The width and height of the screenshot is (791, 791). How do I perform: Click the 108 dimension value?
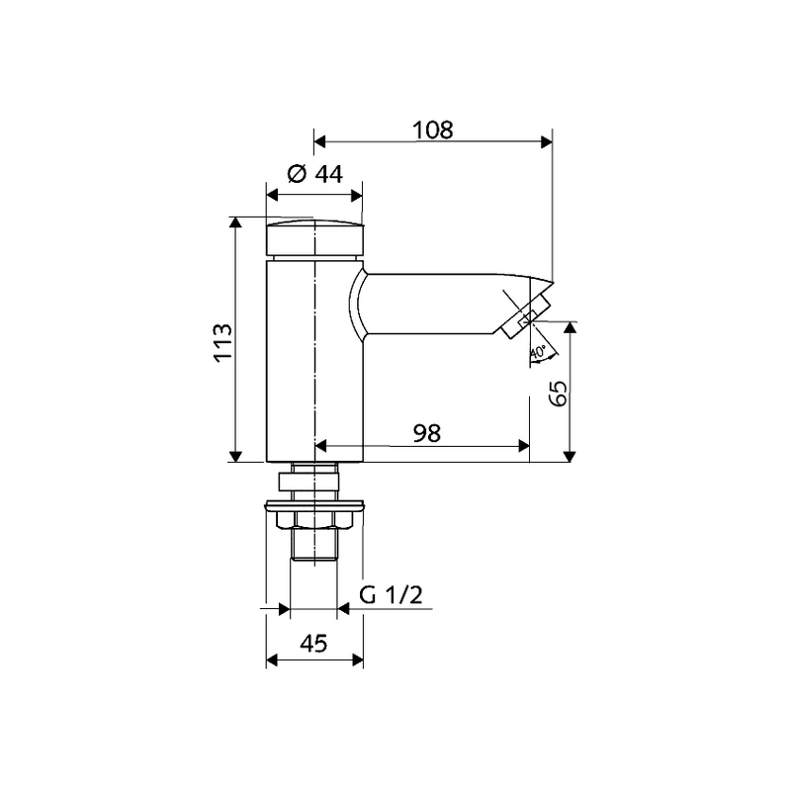pyautogui.click(x=433, y=130)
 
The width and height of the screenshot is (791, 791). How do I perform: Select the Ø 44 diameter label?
pyautogui.click(x=314, y=174)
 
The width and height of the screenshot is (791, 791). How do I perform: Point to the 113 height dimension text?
pyautogui.click(x=223, y=342)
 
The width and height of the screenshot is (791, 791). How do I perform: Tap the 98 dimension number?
pyautogui.click(x=427, y=433)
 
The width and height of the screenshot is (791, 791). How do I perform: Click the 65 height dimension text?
pyautogui.click(x=559, y=394)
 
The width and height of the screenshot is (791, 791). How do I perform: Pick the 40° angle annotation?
pyautogui.click(x=538, y=351)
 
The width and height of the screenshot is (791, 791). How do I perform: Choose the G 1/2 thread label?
pyautogui.click(x=391, y=595)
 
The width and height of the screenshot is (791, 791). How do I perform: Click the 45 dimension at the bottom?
pyautogui.click(x=313, y=644)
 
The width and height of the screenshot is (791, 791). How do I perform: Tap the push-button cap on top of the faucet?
pyautogui.click(x=314, y=237)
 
